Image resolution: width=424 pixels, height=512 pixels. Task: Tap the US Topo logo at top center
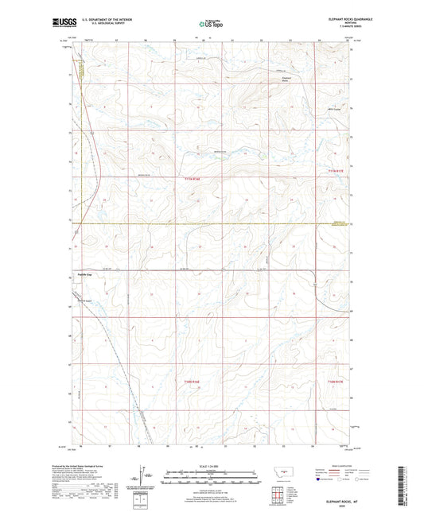click(x=212, y=25)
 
